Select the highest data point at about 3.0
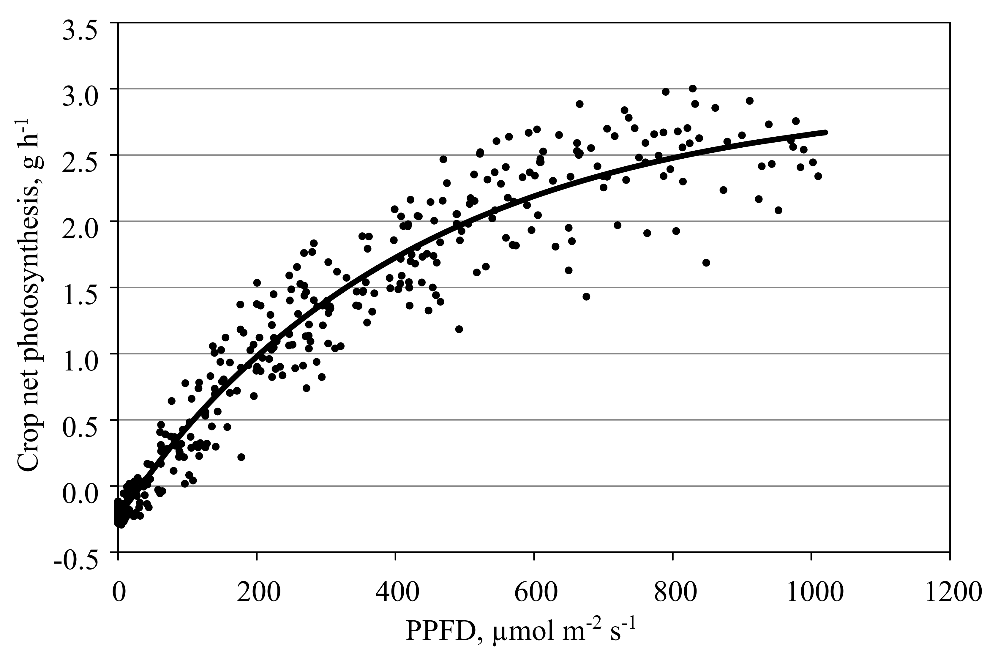tap(693, 89)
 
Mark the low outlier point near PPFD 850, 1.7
tap(706, 263)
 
